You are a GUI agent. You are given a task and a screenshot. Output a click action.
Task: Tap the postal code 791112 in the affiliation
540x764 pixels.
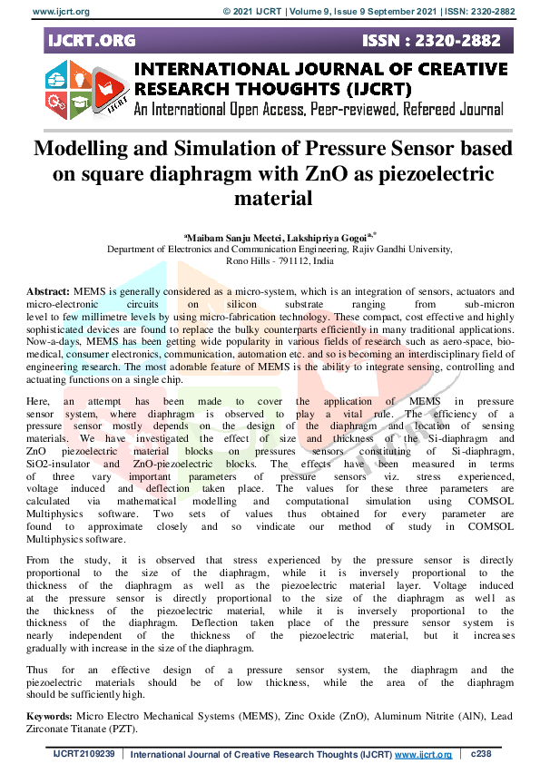pos(294,260)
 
